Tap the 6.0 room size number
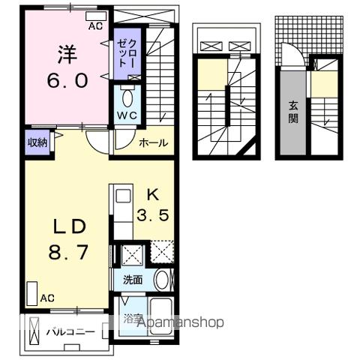click(x=67, y=80)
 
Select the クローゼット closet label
click(x=127, y=53)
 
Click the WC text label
click(x=127, y=115)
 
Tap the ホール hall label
click(x=153, y=142)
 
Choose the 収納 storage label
click(x=37, y=142)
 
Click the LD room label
click(x=70, y=226)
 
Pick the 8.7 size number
click(x=68, y=252)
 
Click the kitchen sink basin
click(x=124, y=196)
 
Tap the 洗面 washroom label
click(x=133, y=280)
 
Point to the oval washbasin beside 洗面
click(x=162, y=280)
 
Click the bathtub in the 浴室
click(x=161, y=316)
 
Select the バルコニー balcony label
click(x=71, y=332)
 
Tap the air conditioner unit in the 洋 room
click(x=96, y=16)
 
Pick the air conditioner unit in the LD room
click(x=32, y=293)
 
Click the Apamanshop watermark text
click(x=181, y=322)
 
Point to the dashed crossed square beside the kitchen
click(x=162, y=251)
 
